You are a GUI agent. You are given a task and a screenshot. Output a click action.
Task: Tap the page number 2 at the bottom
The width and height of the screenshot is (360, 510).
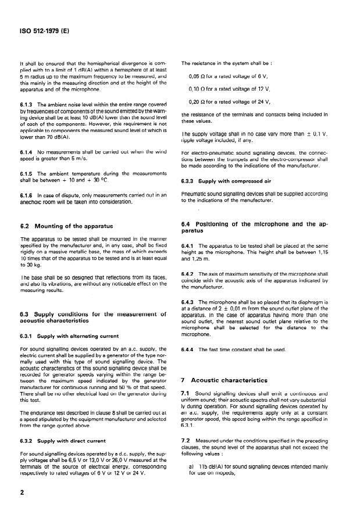click(x=22, y=491)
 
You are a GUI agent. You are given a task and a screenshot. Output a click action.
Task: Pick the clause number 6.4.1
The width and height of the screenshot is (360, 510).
click(x=189, y=247)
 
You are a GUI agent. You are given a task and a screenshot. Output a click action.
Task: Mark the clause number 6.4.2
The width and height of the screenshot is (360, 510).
click(x=189, y=273)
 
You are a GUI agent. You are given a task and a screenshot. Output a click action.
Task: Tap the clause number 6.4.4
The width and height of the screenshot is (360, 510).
click(x=189, y=349)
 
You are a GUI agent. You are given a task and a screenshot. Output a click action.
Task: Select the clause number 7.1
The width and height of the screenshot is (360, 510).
click(x=186, y=394)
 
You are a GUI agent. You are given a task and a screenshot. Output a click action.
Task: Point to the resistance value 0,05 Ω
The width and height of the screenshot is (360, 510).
click(x=199, y=76)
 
